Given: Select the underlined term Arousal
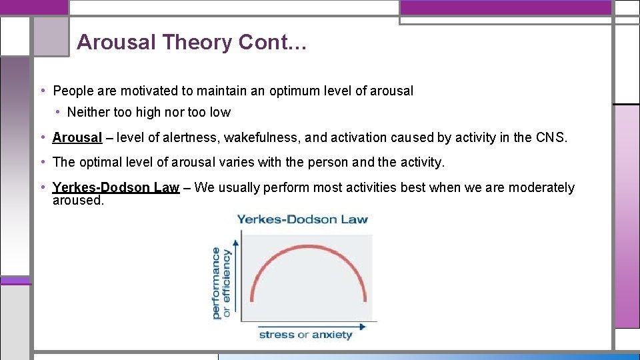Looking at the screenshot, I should (77, 138).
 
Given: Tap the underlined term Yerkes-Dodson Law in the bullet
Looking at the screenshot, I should (116, 188).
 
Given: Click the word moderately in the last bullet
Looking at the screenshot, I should (541, 188).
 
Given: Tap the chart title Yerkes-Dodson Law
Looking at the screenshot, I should (302, 219).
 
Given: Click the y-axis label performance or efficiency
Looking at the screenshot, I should (221, 283).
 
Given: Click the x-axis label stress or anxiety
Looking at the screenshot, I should (305, 335).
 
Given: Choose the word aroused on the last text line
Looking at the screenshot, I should (78, 200).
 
